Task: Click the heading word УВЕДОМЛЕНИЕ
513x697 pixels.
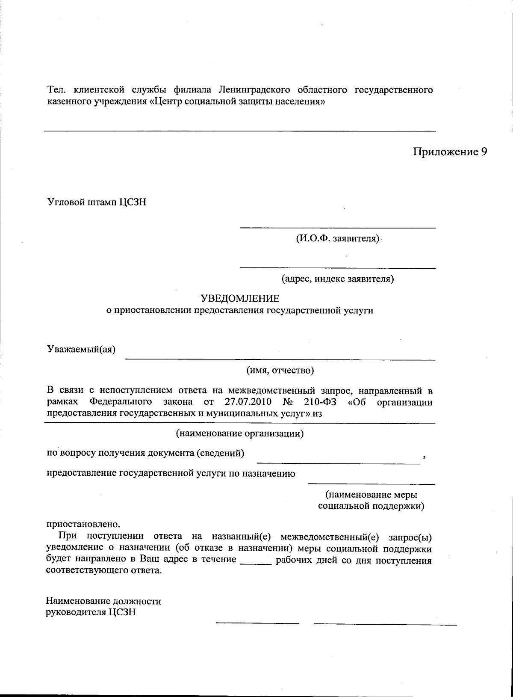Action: click(x=240, y=298)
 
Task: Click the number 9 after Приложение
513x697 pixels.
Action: click(x=483, y=152)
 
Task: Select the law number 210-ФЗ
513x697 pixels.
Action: click(x=319, y=402)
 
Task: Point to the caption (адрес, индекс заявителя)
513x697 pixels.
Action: click(x=337, y=279)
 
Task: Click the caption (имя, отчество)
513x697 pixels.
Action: click(x=280, y=370)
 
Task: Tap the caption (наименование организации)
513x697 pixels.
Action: click(x=240, y=433)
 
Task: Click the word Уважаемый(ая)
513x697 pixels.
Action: click(x=81, y=349)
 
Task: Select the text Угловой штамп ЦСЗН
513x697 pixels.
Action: click(x=97, y=202)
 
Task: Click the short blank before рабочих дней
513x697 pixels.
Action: click(x=256, y=564)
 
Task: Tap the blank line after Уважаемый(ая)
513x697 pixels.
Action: click(x=280, y=359)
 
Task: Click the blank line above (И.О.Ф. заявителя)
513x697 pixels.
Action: click(x=337, y=228)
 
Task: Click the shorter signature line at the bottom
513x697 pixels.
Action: click(x=257, y=623)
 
